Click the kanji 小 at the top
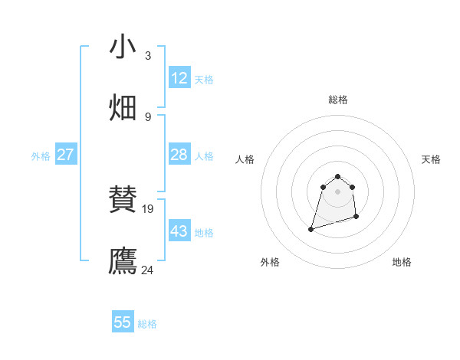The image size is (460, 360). [x=123, y=47]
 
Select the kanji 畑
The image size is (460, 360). [x=123, y=108]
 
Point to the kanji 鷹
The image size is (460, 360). [x=123, y=260]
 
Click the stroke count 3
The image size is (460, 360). [x=147, y=56]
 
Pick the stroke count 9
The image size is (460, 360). [x=147, y=116]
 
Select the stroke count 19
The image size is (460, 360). [x=149, y=208]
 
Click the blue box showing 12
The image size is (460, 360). [x=179, y=78]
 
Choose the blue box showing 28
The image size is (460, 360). [x=179, y=155]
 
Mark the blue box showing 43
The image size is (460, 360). [x=179, y=231]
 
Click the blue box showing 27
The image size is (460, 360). [x=65, y=155]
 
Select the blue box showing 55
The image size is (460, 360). [x=123, y=322]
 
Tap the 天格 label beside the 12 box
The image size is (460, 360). [x=204, y=80]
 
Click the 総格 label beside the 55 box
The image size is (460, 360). [x=147, y=324]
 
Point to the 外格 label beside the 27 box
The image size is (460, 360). [x=41, y=156]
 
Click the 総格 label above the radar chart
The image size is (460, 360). [x=338, y=100]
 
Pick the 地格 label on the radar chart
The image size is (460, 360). [x=402, y=262]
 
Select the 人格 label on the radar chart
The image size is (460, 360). [x=245, y=159]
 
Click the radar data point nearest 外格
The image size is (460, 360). [x=311, y=228]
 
